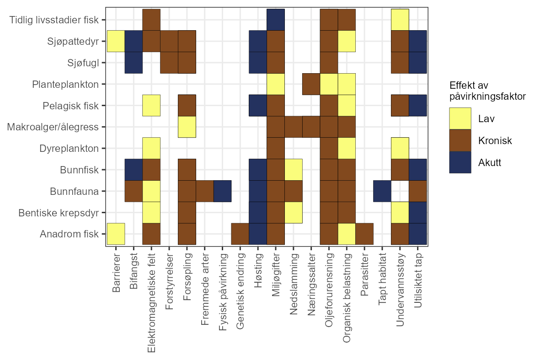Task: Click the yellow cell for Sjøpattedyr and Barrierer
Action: coord(116,41)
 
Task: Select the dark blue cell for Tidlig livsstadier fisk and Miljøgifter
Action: coord(276,20)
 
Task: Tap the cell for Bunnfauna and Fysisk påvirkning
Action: coord(222,191)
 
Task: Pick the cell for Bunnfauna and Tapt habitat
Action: coord(382,191)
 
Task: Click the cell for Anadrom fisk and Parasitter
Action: coord(364,234)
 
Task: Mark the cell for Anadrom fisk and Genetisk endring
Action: coord(240,234)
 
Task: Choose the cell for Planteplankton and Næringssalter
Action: coord(311,84)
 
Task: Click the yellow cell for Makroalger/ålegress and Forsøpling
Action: coord(187,127)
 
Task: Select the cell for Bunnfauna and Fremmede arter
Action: coord(204,191)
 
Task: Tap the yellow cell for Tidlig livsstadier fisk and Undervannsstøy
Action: coord(400,20)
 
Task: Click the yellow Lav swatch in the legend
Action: coord(460,118)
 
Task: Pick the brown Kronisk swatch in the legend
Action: coord(460,140)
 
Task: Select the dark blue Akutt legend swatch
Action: coord(460,162)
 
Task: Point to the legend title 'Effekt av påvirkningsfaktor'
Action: coord(487,91)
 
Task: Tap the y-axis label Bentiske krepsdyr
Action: coord(59,213)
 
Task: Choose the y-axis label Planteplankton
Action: coord(65,84)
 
